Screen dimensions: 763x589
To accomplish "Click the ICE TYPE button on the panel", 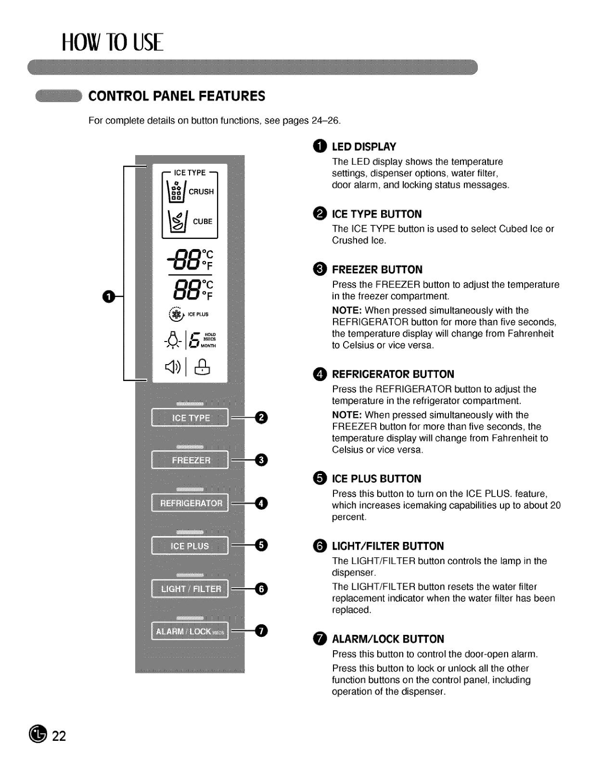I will tap(190, 418).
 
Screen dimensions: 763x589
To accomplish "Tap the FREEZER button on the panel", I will tap(190, 460).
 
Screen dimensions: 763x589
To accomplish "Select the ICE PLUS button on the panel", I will tap(190, 546).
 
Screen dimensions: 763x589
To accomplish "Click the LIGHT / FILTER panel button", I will tap(190, 589).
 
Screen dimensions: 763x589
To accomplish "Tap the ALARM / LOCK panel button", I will tap(190, 631).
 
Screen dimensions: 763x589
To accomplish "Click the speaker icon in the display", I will tap(172, 367).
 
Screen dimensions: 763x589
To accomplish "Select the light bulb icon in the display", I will tap(172, 340).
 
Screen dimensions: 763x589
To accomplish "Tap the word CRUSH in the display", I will tap(201, 192).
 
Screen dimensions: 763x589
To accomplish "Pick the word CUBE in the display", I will tap(203, 222).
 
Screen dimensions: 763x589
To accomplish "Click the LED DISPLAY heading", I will tap(364, 147).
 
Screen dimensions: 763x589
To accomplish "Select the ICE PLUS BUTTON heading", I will tap(376, 479).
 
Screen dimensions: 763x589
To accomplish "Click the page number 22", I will tap(59, 736).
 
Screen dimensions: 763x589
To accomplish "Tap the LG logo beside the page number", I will tap(38, 735).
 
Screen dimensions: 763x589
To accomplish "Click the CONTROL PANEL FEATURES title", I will tap(177, 96).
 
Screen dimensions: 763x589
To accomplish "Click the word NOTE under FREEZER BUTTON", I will tap(346, 311).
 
